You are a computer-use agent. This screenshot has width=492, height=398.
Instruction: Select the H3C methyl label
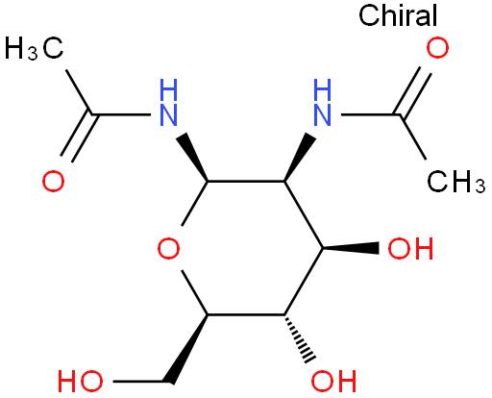(34, 48)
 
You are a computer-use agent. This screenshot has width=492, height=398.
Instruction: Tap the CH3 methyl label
(456, 182)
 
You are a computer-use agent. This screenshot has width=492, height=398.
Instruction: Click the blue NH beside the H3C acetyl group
(168, 103)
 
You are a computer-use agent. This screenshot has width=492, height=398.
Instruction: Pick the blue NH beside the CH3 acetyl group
(322, 103)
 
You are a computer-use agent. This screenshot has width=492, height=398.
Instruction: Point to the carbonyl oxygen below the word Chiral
(437, 48)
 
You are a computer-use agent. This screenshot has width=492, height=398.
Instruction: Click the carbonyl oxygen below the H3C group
(53, 182)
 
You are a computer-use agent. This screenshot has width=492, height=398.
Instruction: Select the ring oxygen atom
(168, 248)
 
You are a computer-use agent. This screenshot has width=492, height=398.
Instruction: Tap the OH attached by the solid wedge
(410, 248)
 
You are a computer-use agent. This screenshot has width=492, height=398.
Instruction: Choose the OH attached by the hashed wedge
(333, 382)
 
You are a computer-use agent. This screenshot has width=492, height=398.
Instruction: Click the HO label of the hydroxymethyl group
(81, 382)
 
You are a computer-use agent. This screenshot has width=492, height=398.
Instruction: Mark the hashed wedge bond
(300, 338)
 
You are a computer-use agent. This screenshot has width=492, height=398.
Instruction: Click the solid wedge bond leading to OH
(351, 248)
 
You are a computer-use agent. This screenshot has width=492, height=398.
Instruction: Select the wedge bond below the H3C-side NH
(192, 157)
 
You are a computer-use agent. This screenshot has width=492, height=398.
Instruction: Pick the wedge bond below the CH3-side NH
(300, 157)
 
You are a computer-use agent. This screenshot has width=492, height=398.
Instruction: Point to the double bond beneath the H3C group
(79, 137)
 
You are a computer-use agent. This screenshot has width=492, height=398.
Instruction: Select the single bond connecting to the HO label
(138, 382)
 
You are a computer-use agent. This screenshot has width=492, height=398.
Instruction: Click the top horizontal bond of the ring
(246, 182)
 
